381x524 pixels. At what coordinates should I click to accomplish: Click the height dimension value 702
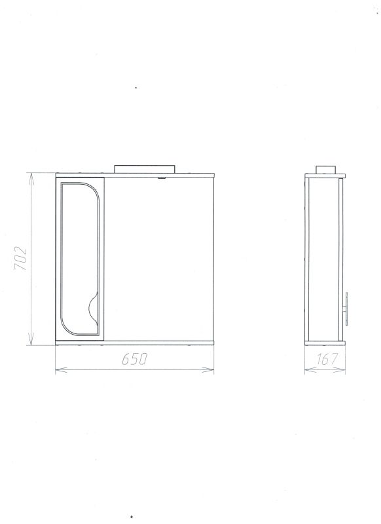tap(20, 259)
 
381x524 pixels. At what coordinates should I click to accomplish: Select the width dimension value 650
tap(134, 359)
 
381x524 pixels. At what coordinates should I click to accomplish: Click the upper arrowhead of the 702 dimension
tap(31, 179)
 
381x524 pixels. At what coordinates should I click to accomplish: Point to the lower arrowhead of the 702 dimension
tap(31, 339)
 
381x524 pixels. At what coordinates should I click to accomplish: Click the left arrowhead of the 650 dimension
tap(61, 369)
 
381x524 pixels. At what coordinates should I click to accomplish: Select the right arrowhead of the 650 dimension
tap(208, 369)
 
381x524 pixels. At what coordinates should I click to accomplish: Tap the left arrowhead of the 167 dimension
tap(310, 369)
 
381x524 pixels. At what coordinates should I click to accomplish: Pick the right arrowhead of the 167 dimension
tap(340, 369)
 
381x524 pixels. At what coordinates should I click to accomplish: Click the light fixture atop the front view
tap(145, 169)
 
